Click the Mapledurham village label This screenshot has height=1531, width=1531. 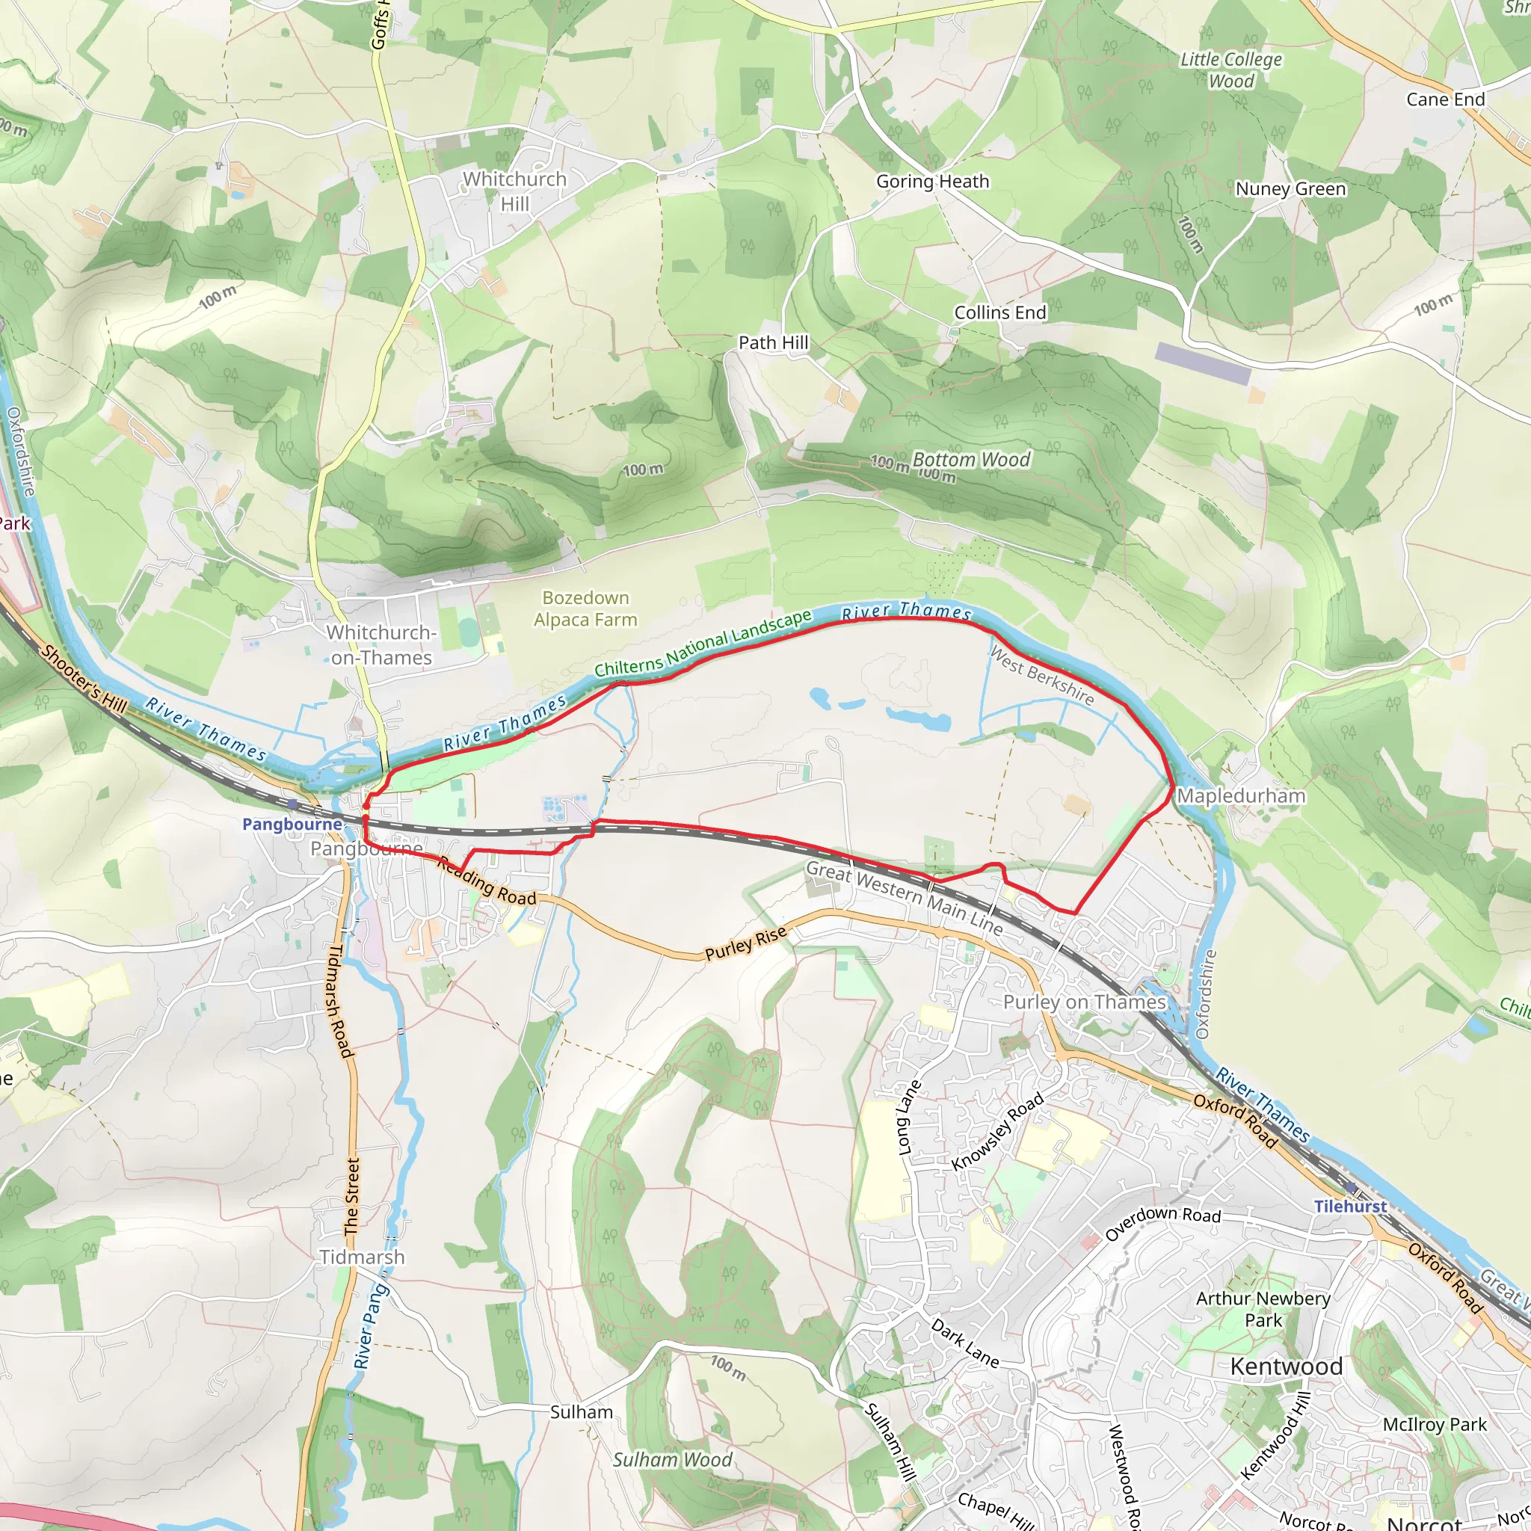pos(1241,795)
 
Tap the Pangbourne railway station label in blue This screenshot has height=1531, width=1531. pos(292,824)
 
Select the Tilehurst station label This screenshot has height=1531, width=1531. pos(1350,1206)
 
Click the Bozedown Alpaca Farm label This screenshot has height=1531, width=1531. pos(585,609)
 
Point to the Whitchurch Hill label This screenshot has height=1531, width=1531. pos(515,191)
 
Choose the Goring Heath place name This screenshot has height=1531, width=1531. pos(932,182)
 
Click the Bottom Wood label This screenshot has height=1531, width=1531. pos(971,460)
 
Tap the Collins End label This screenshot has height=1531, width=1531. pos(999,312)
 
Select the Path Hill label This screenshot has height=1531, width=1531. pos(774,342)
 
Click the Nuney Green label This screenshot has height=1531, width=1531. pos(1290,188)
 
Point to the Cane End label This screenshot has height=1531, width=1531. pos(1446,99)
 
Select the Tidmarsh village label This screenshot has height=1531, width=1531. pos(362,1257)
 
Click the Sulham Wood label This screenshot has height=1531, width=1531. pos(672,1460)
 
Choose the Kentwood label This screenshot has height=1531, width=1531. pos(1285,1367)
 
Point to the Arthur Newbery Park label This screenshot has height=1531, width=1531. pos(1263,1309)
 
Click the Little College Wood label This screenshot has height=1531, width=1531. pos(1230,70)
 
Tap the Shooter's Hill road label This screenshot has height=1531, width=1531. pos(83,679)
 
